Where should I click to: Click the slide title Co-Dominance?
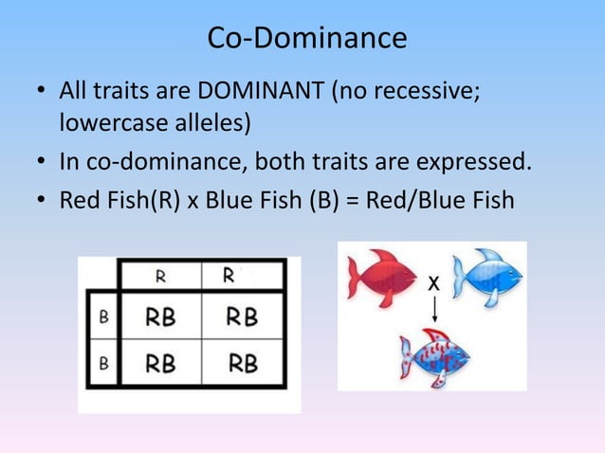tap(306, 38)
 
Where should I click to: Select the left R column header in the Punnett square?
tap(161, 277)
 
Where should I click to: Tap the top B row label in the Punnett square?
tap(102, 317)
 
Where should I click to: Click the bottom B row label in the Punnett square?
tap(102, 363)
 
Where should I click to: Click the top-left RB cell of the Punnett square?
tap(161, 317)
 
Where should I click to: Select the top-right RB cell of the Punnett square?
tap(242, 317)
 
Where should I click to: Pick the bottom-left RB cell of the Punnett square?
tap(161, 363)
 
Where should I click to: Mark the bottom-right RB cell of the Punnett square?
tap(242, 363)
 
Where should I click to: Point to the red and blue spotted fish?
tap(435, 357)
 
